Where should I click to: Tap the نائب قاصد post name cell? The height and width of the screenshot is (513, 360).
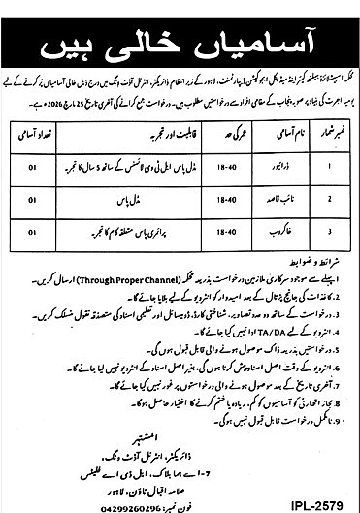278,199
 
